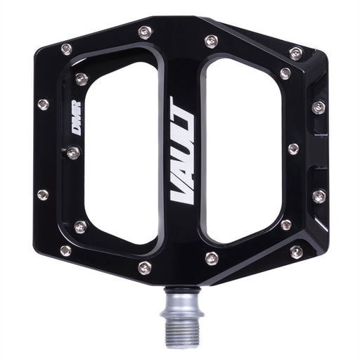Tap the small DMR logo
tap(76, 119)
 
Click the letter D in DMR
tap(75, 130)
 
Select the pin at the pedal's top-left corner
tap(66, 49)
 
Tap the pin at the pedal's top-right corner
tap(296, 53)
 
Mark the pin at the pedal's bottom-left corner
tap(65, 250)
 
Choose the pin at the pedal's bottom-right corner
tap(296, 251)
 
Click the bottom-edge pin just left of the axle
tap(145, 267)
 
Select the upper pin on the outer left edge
tap(43, 105)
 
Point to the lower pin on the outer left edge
tap(43, 194)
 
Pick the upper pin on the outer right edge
tap(319, 107)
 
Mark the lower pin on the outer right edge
tap(319, 196)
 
